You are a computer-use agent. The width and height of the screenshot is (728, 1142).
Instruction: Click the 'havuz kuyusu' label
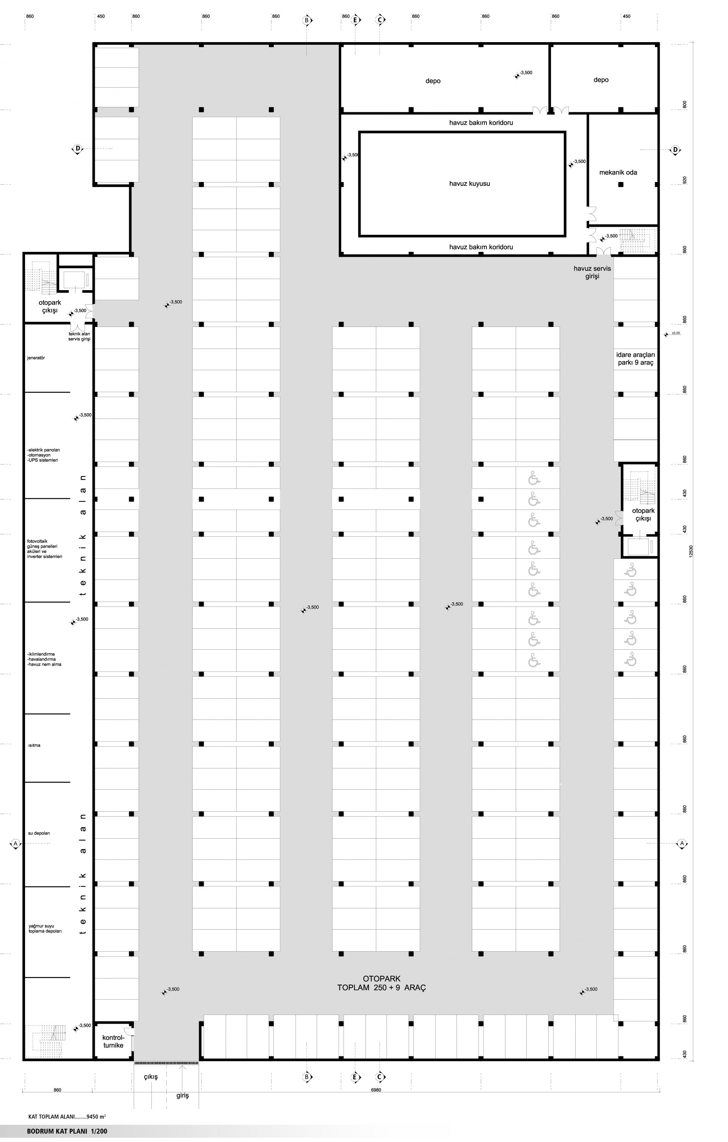(469, 184)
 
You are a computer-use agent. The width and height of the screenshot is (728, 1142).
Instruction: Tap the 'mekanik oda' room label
(618, 173)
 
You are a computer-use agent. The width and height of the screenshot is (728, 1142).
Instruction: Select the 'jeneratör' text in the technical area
(36, 358)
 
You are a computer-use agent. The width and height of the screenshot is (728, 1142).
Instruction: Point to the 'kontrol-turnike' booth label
(113, 1041)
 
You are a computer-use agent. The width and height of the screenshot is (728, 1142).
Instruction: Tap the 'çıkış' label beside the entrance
(151, 1077)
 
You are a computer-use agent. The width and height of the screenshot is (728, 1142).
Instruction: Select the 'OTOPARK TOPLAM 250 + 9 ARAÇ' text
(382, 983)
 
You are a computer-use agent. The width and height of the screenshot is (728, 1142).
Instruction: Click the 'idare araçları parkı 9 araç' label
(635, 358)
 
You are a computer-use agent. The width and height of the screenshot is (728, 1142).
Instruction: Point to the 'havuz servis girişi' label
(592, 272)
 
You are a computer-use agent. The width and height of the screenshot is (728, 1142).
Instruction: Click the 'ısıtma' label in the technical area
(34, 746)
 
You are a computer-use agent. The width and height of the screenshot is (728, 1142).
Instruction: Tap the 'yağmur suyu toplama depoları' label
(45, 928)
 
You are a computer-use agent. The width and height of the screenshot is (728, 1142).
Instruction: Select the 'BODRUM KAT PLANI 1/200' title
(67, 1131)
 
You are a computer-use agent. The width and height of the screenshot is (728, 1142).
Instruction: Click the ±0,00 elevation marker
(673, 333)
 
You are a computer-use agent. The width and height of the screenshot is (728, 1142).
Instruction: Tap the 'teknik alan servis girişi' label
(79, 336)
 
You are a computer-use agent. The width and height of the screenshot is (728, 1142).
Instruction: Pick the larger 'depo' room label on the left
(433, 81)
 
